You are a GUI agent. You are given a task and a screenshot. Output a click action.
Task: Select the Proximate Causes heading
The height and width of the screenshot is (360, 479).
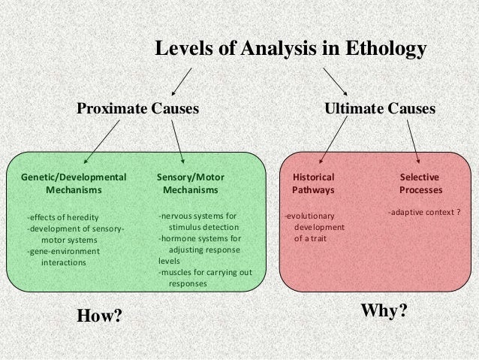137,109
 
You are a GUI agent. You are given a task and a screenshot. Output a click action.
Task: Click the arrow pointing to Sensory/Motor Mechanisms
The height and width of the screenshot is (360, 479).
177,141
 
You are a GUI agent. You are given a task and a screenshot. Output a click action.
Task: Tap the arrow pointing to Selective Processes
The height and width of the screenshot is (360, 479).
413,141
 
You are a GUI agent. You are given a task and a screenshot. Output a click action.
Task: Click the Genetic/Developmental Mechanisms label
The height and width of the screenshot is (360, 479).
74,183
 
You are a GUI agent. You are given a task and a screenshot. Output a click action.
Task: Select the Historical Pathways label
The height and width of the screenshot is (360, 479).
313,183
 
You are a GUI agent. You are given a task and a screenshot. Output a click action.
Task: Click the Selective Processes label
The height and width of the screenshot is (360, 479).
420,183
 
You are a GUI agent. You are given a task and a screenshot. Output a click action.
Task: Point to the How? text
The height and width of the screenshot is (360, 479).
100,316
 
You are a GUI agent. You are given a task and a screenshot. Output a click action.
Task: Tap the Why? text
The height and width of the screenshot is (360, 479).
384,310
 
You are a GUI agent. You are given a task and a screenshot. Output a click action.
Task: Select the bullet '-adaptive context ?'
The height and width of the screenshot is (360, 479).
424,213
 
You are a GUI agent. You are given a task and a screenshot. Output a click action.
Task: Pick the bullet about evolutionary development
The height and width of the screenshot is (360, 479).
315,228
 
